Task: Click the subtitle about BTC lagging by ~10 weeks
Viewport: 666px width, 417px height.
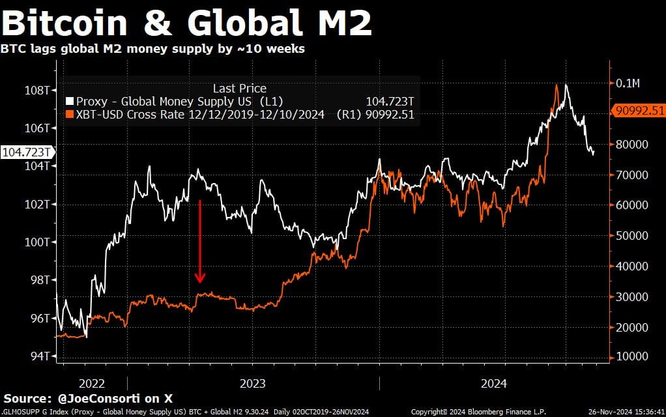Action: pos(152,49)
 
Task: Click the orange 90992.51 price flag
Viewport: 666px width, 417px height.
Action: pos(638,110)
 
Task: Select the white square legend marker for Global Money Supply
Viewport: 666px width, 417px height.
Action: pos(70,102)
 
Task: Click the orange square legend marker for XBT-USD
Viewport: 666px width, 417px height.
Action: pos(70,114)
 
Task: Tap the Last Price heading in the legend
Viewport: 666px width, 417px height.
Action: pos(239,89)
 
